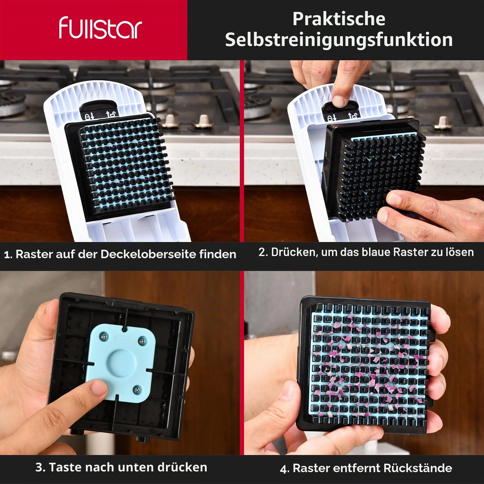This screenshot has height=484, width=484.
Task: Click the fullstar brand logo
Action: click(x=100, y=28)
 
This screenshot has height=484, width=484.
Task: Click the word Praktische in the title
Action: click(x=339, y=19)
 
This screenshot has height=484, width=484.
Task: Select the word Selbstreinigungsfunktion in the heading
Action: click(x=339, y=40)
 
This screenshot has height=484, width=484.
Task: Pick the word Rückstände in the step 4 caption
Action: click(x=418, y=468)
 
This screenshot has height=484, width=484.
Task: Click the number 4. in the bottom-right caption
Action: click(x=285, y=469)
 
